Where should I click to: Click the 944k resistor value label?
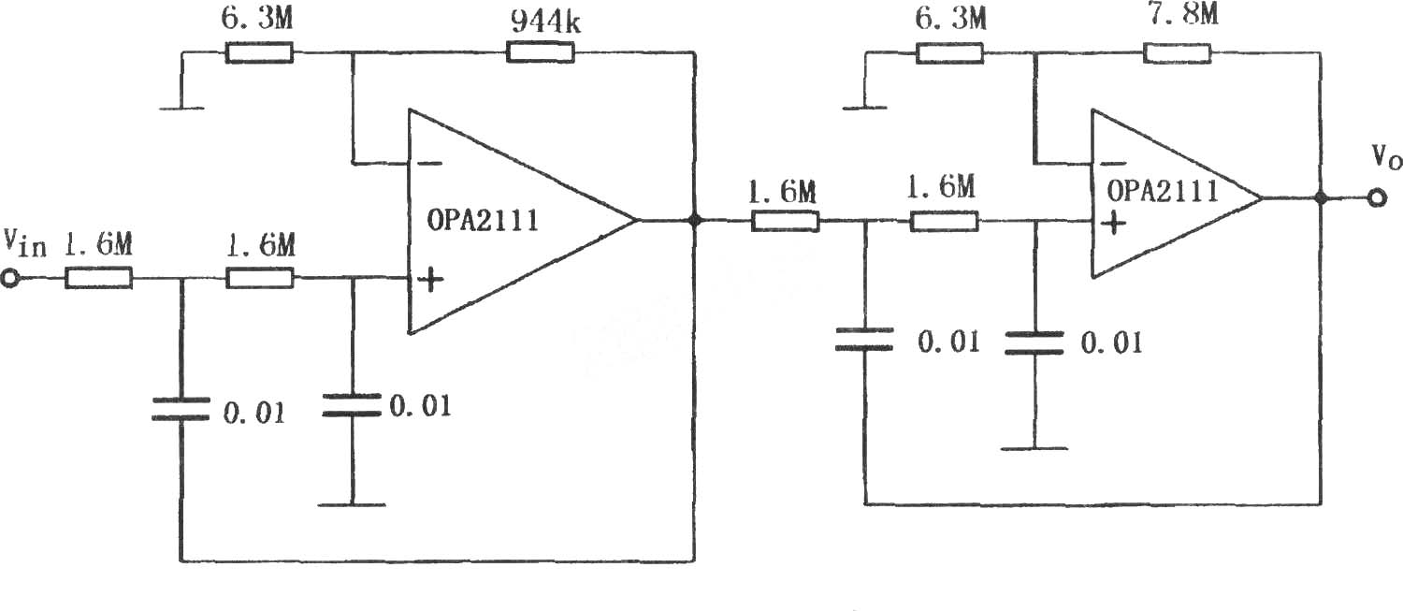(x=545, y=22)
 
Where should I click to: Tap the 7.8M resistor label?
(x=1183, y=14)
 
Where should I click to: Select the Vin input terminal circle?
(x=10, y=278)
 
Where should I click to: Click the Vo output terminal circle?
(x=1376, y=198)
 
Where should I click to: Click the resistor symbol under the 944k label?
(x=540, y=52)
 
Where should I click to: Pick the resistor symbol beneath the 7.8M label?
(x=1178, y=53)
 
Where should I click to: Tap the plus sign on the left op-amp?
(x=431, y=280)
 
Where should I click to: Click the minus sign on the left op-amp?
(x=430, y=164)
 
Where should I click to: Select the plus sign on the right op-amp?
(x=1114, y=223)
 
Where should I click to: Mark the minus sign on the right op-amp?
(x=1113, y=165)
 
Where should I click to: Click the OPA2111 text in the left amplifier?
(x=483, y=221)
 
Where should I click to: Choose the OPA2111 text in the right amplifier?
(x=1163, y=191)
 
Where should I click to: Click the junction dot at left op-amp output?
(x=694, y=220)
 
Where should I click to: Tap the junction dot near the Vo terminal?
(x=1321, y=198)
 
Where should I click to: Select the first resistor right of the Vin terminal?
(x=98, y=278)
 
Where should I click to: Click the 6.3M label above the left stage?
(x=257, y=18)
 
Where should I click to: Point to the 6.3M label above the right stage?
(x=951, y=19)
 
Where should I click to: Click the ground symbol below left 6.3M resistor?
(x=181, y=108)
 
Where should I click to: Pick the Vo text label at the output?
(x=1386, y=157)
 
